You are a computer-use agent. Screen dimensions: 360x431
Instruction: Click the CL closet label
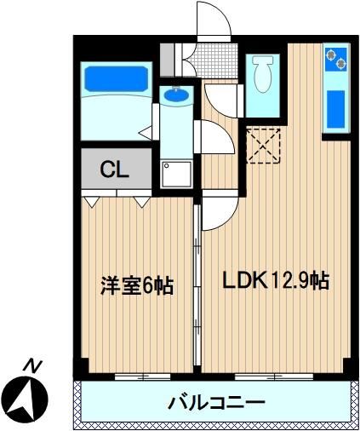115,170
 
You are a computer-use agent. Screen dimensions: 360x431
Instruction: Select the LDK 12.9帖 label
276,280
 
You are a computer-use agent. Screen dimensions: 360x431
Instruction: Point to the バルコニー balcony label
217,402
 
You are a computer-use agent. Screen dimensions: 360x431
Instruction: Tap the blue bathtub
117,79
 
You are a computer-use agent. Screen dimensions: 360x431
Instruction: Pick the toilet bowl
262,73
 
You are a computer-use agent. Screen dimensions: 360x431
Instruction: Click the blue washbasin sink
176,95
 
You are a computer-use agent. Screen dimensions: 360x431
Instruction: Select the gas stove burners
336,60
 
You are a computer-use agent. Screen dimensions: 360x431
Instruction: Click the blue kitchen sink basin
335,109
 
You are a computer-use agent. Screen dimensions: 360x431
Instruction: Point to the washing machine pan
176,175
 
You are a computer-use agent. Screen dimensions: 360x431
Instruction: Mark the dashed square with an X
263,146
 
